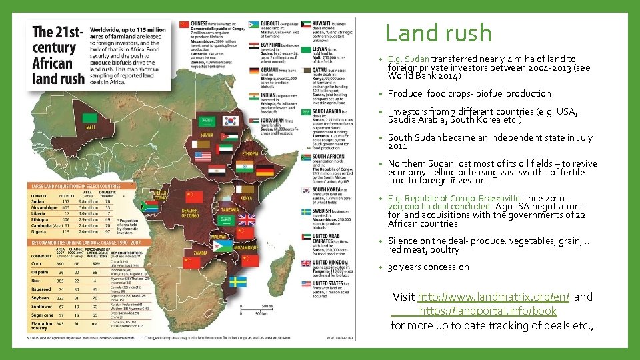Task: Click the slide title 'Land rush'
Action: (438, 33)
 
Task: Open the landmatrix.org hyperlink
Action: (493, 297)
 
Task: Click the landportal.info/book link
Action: (487, 311)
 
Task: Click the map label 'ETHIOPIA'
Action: (251, 153)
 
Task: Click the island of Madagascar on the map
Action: (279, 267)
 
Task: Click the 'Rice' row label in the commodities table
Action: (37, 281)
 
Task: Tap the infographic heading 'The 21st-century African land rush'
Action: (59, 55)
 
